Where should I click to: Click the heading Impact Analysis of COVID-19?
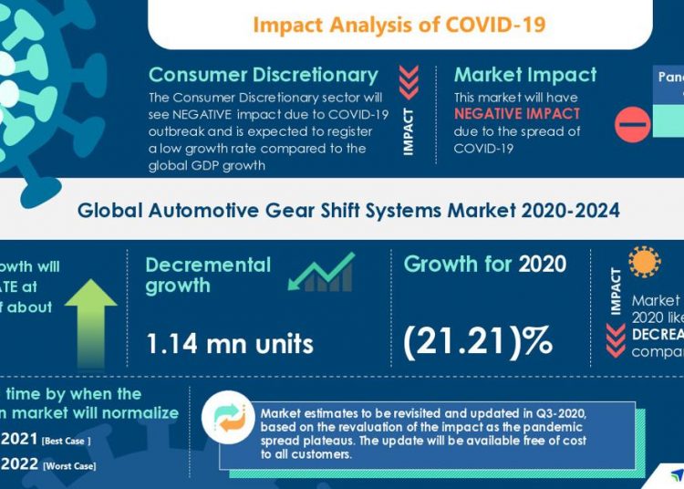click(399, 24)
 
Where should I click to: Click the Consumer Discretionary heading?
click(263, 75)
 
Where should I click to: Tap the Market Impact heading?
click(525, 75)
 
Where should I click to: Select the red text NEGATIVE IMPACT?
click(517, 114)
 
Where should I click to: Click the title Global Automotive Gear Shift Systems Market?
click(348, 211)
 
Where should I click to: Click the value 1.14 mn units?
click(230, 343)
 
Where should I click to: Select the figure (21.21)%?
click(478, 339)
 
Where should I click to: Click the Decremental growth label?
click(209, 275)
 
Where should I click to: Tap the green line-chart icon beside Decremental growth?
click(327, 273)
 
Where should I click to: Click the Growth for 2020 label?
click(484, 265)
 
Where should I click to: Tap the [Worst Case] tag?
click(69, 466)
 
